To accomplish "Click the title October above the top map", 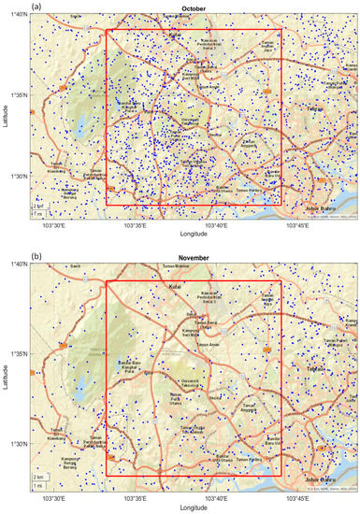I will coord(194,9).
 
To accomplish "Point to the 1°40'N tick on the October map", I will coord(16,13).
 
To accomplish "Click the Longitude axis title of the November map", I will coord(194,507).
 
